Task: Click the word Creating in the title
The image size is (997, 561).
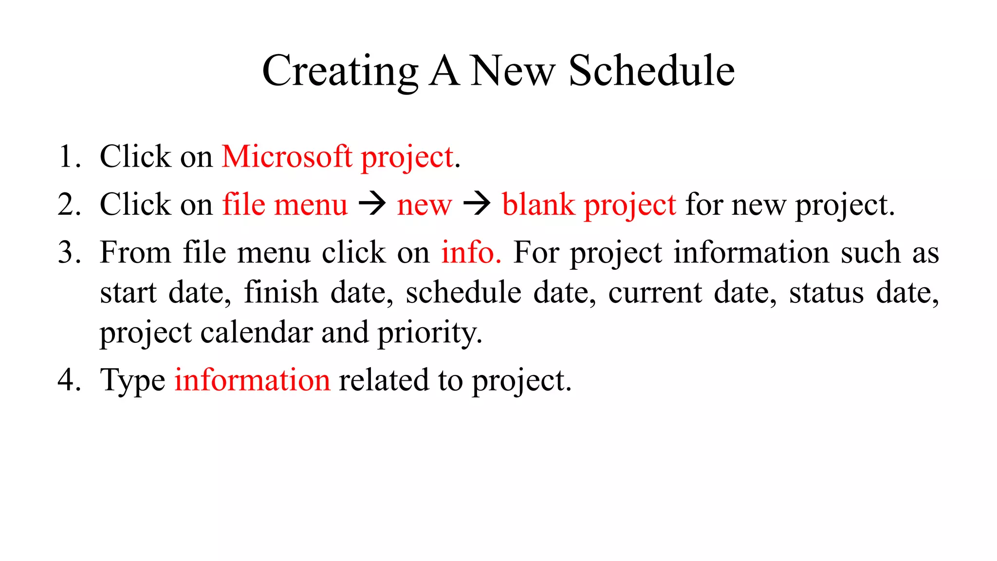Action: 340,71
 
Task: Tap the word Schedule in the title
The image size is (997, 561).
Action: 651,71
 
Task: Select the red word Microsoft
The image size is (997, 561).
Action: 287,157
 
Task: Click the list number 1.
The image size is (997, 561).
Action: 68,157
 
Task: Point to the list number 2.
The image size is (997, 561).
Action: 68,205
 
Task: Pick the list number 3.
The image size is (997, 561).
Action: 68,252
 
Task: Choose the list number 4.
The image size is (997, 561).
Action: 68,380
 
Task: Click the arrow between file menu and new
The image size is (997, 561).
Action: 372,204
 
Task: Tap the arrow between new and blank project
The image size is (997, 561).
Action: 477,204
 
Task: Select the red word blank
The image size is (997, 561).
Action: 538,205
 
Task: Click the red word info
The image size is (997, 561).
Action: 470,252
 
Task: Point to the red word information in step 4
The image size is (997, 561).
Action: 252,380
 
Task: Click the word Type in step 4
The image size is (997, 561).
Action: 132,381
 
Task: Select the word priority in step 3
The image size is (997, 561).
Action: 429,333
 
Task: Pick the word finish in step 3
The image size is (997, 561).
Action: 281,292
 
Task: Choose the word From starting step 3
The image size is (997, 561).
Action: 135,252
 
